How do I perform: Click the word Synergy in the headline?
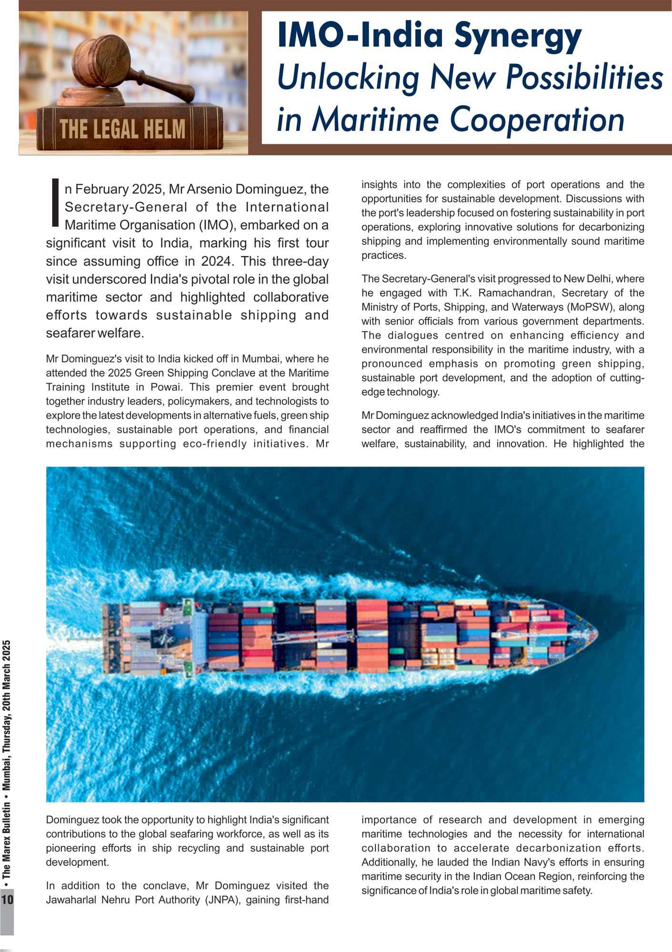click(x=517, y=37)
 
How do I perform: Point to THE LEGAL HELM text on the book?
click(x=122, y=129)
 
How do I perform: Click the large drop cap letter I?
click(x=55, y=202)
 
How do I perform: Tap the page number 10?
click(x=7, y=900)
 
